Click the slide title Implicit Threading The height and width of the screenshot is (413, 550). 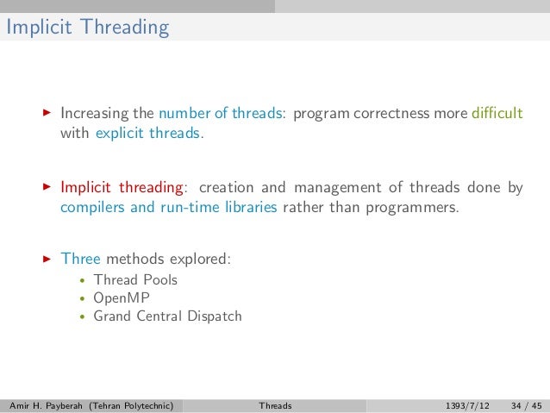(x=87, y=28)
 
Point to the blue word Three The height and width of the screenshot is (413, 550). (x=80, y=259)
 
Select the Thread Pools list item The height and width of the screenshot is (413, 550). (x=135, y=279)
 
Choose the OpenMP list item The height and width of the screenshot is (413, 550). (x=122, y=297)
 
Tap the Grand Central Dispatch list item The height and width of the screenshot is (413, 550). (x=167, y=316)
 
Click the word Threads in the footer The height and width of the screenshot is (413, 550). (x=275, y=404)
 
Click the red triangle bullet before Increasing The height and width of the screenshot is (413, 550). (x=47, y=115)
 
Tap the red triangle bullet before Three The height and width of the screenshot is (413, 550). (x=47, y=259)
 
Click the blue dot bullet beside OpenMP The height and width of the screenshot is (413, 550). (x=81, y=298)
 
